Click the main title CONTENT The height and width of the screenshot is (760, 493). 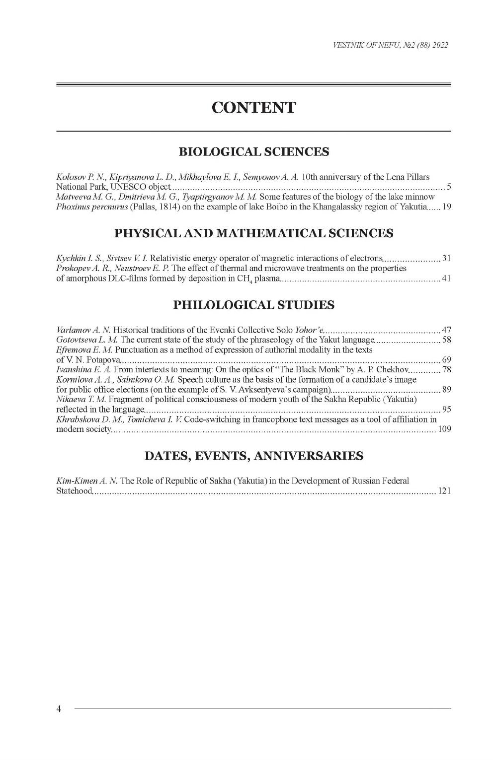[253, 107]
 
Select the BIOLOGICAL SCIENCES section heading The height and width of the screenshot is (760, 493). [253, 151]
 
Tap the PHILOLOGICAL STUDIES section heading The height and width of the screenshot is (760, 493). [253, 305]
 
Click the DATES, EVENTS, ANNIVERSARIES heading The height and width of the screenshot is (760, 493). [253, 456]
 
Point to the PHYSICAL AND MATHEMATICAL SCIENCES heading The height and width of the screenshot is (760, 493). [253, 233]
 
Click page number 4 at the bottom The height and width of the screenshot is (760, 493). [59, 709]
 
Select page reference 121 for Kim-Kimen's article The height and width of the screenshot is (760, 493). [444, 491]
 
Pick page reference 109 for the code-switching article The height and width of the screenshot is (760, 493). [444, 429]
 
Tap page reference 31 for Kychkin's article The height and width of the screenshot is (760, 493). [446, 258]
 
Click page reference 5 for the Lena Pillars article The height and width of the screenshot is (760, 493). [449, 187]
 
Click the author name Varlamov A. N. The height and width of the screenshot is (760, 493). [83, 330]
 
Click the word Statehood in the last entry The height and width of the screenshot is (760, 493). [74, 491]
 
